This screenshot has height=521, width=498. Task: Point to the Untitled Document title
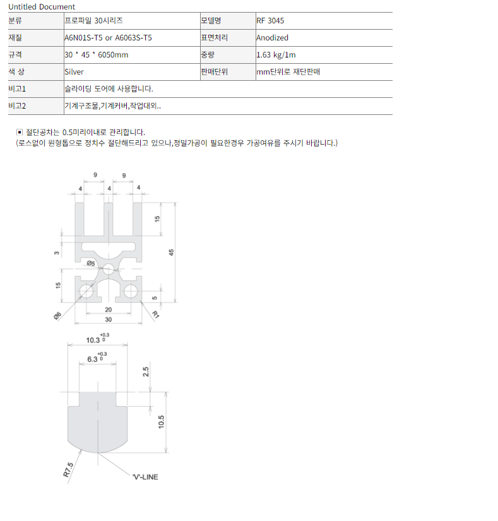pyautogui.click(x=42, y=7)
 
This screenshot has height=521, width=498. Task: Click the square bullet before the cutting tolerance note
pyautogui.click(x=20, y=132)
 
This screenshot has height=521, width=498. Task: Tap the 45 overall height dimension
pyautogui.click(x=171, y=253)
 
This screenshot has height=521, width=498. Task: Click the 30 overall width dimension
pyautogui.click(x=108, y=320)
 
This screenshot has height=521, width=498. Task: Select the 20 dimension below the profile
pyautogui.click(x=108, y=309)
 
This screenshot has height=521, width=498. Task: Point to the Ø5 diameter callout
pyautogui.click(x=91, y=263)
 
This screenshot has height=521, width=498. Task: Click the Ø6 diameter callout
pyautogui.click(x=57, y=316)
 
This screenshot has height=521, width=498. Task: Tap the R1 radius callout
pyautogui.click(x=155, y=314)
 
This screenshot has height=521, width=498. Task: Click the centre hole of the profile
pyautogui.click(x=108, y=269)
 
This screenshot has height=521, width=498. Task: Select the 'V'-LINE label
pyautogui.click(x=145, y=477)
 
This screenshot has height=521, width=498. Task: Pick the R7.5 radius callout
pyautogui.click(x=68, y=469)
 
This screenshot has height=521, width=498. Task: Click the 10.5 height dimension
pyautogui.click(x=162, y=422)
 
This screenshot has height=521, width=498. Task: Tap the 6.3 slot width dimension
pyautogui.click(x=93, y=359)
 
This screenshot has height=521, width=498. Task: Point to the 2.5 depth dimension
pyautogui.click(x=146, y=372)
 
